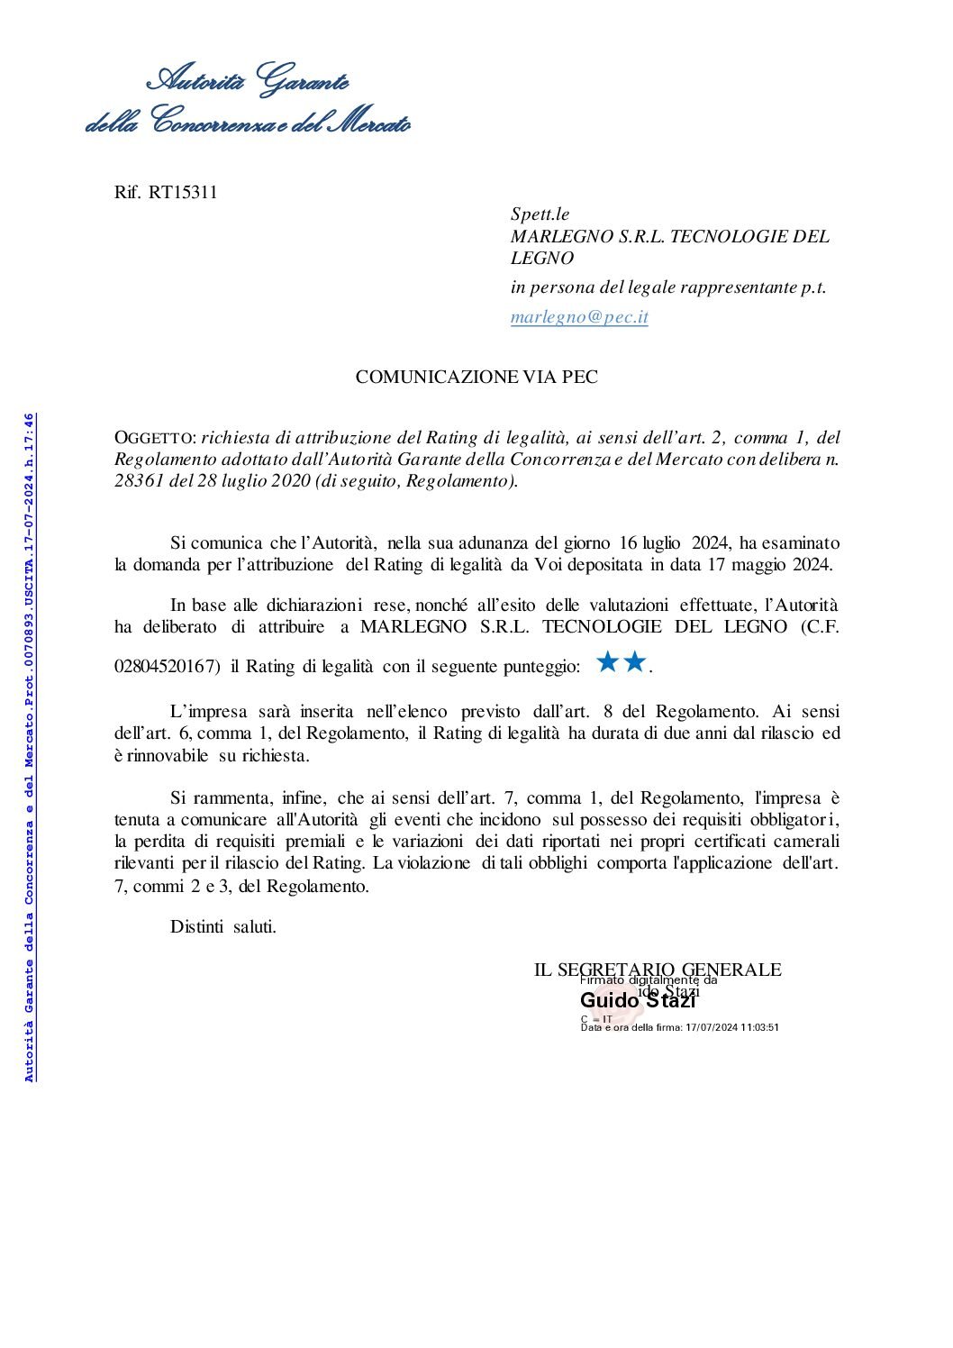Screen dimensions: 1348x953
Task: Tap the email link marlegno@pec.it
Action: coord(579,317)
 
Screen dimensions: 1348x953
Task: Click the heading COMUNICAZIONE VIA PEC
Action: coord(476,378)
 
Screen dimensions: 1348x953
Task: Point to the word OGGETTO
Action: coord(154,439)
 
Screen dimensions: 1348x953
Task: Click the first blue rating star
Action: coord(608,664)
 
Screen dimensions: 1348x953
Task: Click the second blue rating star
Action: coord(635,664)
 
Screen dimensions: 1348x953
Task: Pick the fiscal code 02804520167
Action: coord(168,668)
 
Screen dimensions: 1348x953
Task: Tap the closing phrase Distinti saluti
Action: coord(223,926)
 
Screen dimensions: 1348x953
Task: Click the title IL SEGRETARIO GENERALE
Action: coord(658,970)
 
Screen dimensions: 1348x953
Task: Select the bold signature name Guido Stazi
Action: coord(638,1000)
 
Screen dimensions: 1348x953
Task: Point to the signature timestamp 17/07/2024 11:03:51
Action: coord(731,1026)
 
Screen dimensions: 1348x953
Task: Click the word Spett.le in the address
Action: coord(540,214)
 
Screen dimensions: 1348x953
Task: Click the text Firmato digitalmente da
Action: coord(649,979)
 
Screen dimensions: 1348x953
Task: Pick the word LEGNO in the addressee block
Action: coord(542,258)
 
